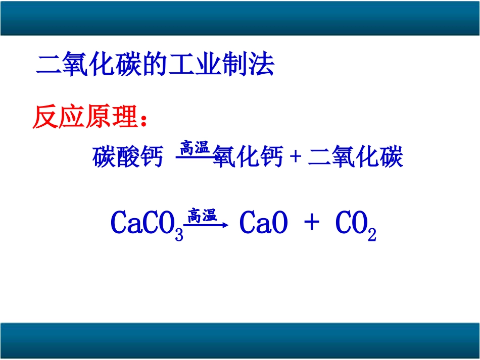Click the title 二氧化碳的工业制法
[156, 65]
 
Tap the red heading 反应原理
[85, 118]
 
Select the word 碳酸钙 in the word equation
[128, 158]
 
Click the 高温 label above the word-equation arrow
[195, 148]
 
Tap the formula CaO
[263, 223]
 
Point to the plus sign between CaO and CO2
[312, 223]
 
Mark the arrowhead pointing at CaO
[226, 225]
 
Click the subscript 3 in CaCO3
[179, 234]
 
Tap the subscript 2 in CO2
[372, 234]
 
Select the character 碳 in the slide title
[132, 65]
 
